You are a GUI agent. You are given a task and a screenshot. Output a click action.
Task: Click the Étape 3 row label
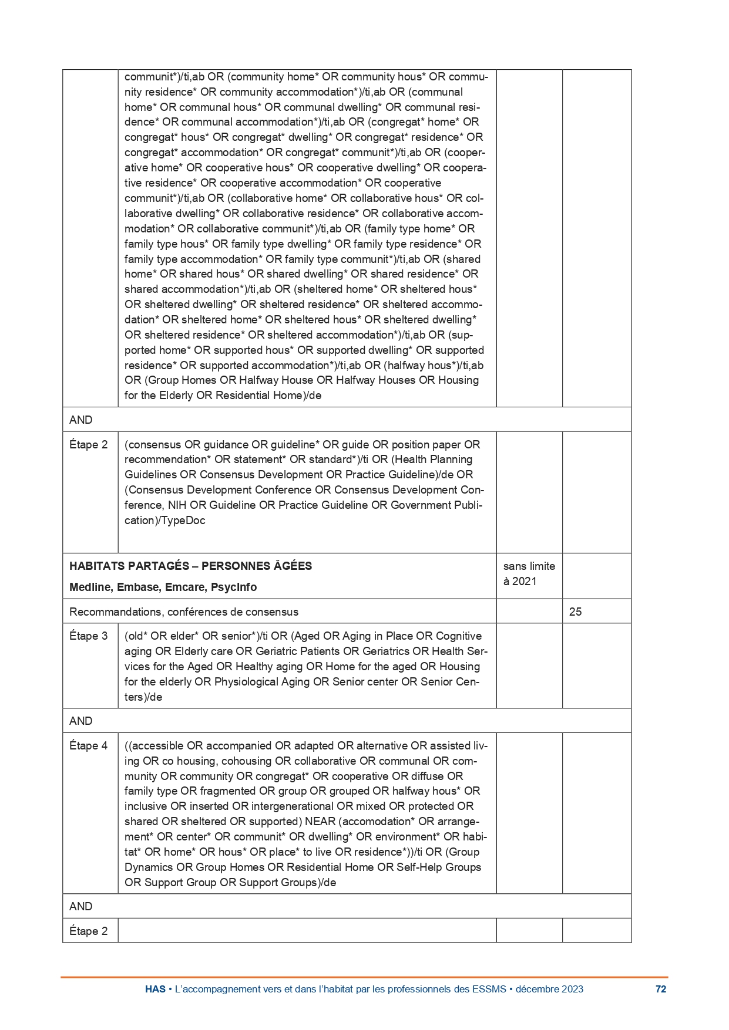89,636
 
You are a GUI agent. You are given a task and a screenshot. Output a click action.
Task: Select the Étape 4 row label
89,746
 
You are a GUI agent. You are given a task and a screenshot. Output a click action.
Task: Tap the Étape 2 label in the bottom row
89,931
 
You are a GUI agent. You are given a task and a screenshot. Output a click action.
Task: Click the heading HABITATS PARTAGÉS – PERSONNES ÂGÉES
190,566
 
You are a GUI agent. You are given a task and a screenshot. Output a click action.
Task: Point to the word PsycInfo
234,587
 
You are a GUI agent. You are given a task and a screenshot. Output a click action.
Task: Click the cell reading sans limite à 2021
529,574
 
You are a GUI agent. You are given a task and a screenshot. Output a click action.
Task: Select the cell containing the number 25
575,612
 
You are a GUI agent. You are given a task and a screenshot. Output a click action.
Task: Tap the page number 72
661,990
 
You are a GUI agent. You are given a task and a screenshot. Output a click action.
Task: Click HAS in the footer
155,990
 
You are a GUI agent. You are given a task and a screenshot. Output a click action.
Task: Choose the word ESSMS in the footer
489,990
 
